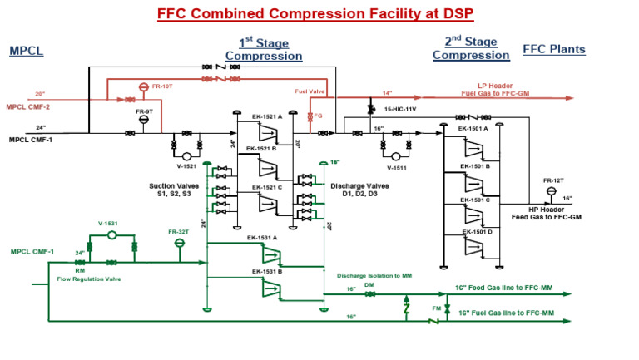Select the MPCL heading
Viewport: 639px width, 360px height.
[x=26, y=51]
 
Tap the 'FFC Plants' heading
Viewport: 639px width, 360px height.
[x=553, y=50]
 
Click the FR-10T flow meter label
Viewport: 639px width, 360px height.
[x=163, y=86]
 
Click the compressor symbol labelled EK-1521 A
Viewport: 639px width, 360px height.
[x=268, y=133]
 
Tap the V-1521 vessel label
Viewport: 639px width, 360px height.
[x=186, y=166]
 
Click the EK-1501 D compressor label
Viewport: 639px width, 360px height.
[x=478, y=232]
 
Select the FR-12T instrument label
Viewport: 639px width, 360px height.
[x=552, y=180]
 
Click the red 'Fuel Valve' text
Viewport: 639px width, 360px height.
[x=308, y=91]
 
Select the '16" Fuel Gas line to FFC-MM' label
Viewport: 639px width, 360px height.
[x=504, y=313]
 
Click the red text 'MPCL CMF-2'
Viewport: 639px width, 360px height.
[x=28, y=107]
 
